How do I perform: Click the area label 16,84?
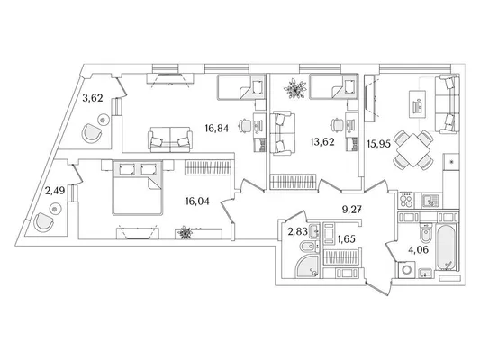tap(217, 129)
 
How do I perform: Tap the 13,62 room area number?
tap(322, 142)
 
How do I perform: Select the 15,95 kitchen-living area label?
tap(379, 143)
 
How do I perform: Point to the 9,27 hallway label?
tap(352, 210)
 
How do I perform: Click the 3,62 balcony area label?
tap(93, 98)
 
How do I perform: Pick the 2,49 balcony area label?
tap(55, 191)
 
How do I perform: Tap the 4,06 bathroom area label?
tap(418, 250)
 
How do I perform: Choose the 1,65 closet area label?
tap(346, 238)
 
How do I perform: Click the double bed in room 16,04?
tap(137, 187)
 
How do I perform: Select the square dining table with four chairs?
tap(413, 150)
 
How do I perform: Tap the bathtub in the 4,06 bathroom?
tap(447, 247)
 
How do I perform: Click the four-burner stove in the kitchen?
tap(406, 201)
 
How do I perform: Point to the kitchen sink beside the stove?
tap(430, 201)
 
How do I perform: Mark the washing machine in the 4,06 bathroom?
tap(407, 269)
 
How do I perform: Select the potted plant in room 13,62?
tap(295, 88)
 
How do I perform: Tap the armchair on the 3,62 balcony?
tap(91, 132)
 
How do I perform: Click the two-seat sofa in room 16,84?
tap(170, 139)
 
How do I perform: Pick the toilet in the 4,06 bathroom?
tap(425, 234)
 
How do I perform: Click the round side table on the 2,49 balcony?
tap(55, 209)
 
